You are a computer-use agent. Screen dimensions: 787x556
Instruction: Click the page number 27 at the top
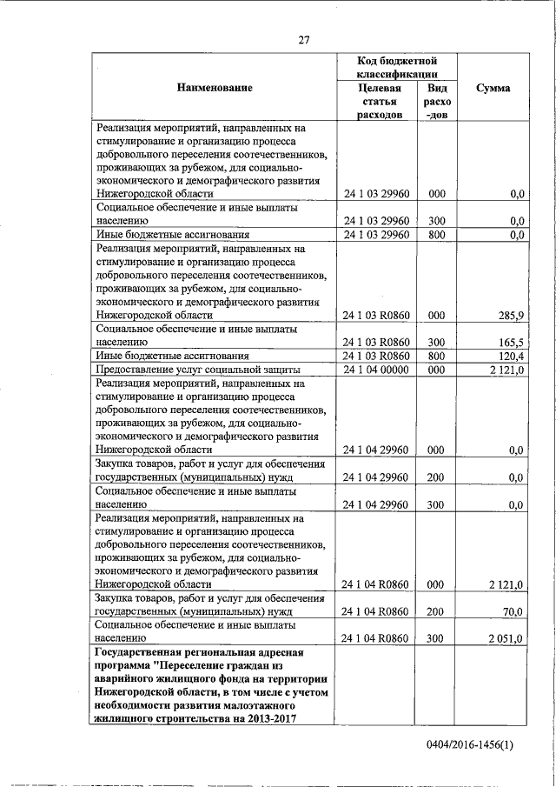[304, 38]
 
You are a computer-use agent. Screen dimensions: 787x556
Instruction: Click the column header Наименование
[215, 88]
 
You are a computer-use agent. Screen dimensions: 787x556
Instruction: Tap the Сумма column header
[493, 88]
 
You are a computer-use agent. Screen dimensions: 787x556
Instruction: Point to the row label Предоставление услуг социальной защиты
[198, 370]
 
